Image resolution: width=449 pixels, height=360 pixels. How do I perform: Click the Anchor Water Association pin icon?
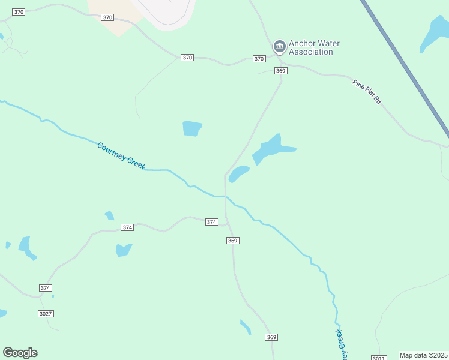(x=279, y=46)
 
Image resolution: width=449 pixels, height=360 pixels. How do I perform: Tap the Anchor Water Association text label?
(x=310, y=47)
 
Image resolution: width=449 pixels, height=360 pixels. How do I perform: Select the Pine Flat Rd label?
(x=367, y=91)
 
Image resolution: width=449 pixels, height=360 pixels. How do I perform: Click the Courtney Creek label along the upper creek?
(x=121, y=154)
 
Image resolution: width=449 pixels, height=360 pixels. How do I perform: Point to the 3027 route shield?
(x=46, y=314)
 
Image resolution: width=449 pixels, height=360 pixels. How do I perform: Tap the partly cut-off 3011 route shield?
(x=378, y=358)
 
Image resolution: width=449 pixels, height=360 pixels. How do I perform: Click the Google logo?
(x=20, y=353)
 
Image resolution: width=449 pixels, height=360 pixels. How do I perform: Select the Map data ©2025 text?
(x=424, y=355)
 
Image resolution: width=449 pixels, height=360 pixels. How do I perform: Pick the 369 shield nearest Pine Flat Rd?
(x=281, y=71)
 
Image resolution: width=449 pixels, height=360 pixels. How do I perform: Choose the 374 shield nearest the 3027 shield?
(x=46, y=288)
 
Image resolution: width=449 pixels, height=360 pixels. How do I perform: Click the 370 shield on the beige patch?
(x=107, y=17)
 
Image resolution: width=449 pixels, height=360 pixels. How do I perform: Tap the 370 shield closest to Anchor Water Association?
(x=259, y=58)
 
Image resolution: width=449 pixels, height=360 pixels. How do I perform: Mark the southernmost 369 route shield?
(x=271, y=337)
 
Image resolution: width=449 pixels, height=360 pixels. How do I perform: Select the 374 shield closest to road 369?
(x=211, y=222)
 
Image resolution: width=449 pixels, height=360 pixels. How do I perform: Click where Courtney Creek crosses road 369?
(x=225, y=196)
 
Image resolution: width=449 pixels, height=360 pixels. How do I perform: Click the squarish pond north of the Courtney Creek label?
(x=191, y=128)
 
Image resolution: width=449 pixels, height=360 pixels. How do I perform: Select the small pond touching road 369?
(x=238, y=173)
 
